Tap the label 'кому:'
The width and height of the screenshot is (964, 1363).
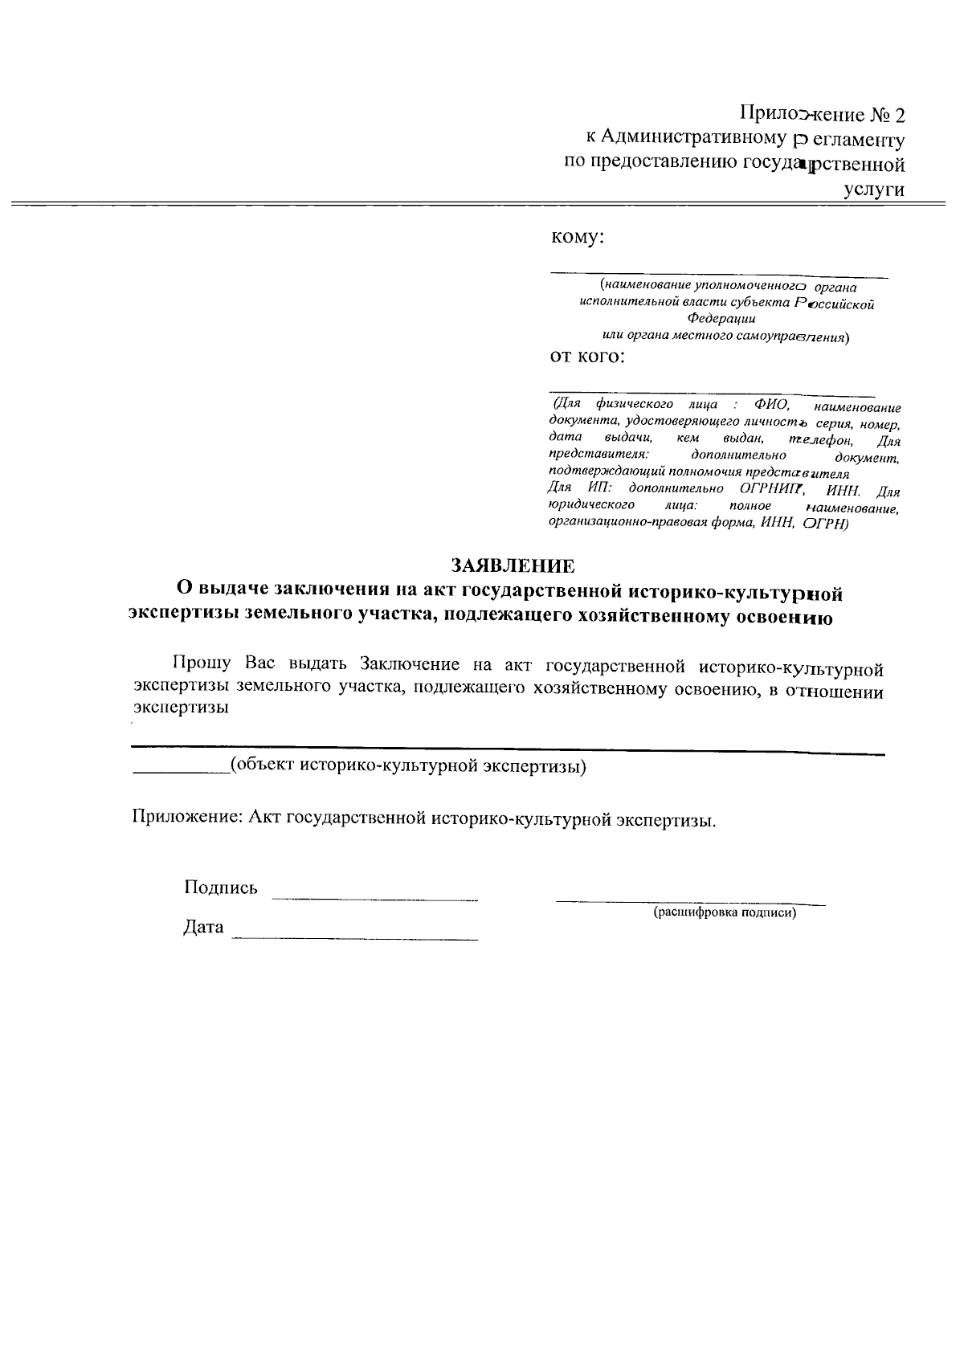coord(577,238)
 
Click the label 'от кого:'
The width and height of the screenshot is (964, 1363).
coord(586,356)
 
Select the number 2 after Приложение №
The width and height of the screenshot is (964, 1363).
coord(898,116)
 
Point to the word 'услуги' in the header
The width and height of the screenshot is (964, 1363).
coord(874,190)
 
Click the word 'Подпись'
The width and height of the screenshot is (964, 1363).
coord(221,888)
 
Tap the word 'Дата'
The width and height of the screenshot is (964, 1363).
coord(203,928)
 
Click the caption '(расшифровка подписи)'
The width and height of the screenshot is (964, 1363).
coord(724,912)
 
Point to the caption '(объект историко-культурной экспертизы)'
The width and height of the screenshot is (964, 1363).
coord(408,766)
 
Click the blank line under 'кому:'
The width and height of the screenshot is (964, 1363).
coord(719,275)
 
